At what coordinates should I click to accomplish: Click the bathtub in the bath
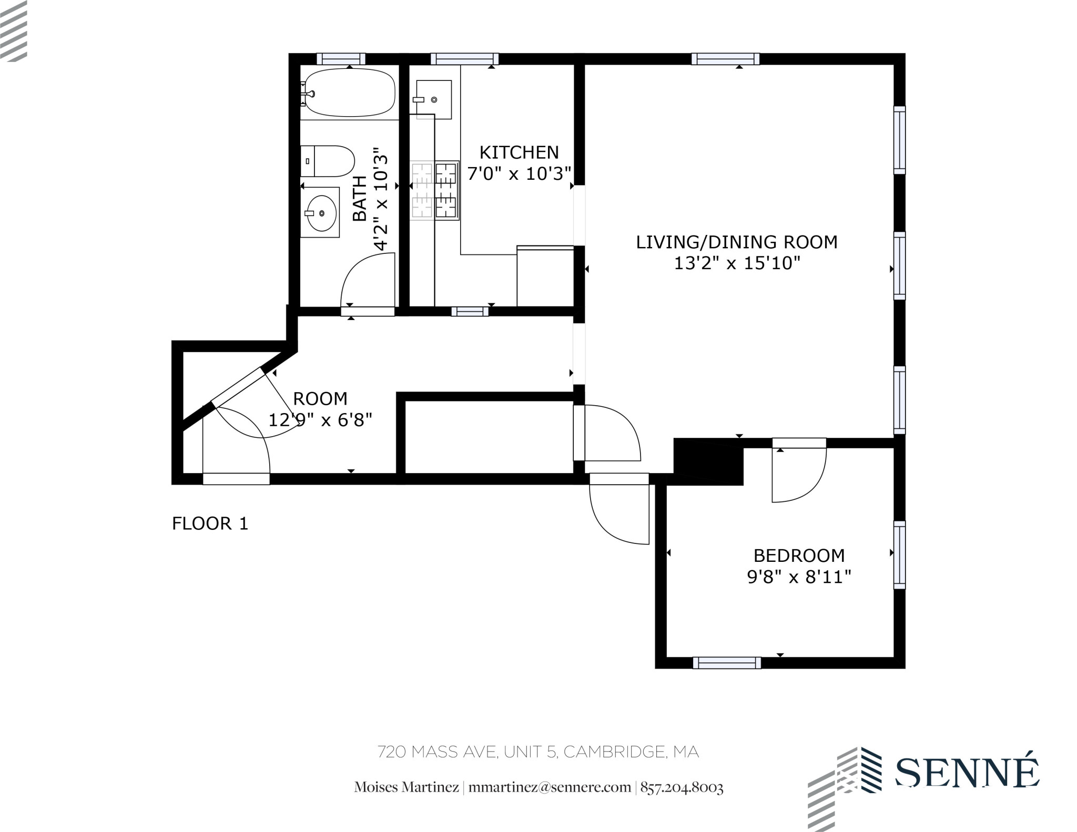coord(349,93)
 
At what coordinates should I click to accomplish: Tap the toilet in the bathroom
coord(327,161)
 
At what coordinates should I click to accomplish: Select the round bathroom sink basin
coord(322,213)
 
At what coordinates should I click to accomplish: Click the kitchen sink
coord(433,99)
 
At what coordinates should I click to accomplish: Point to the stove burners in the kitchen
coord(434,190)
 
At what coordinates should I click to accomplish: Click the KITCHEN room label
coord(519,152)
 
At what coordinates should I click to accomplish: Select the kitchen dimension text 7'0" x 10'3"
coord(519,173)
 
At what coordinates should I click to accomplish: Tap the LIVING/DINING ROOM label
coord(737,242)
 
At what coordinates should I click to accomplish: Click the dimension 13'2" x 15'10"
coord(737,263)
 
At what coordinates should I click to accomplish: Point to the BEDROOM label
coord(799,556)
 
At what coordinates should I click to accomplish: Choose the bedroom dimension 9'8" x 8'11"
coord(799,577)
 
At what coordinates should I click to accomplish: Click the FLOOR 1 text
coord(210,523)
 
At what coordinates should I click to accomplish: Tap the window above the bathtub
coord(341,59)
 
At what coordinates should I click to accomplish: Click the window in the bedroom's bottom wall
coord(727,663)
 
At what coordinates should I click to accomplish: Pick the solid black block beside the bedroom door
coord(708,461)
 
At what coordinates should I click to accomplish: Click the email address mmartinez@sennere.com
coord(550,787)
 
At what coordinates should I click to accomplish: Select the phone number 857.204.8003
coord(682,787)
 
